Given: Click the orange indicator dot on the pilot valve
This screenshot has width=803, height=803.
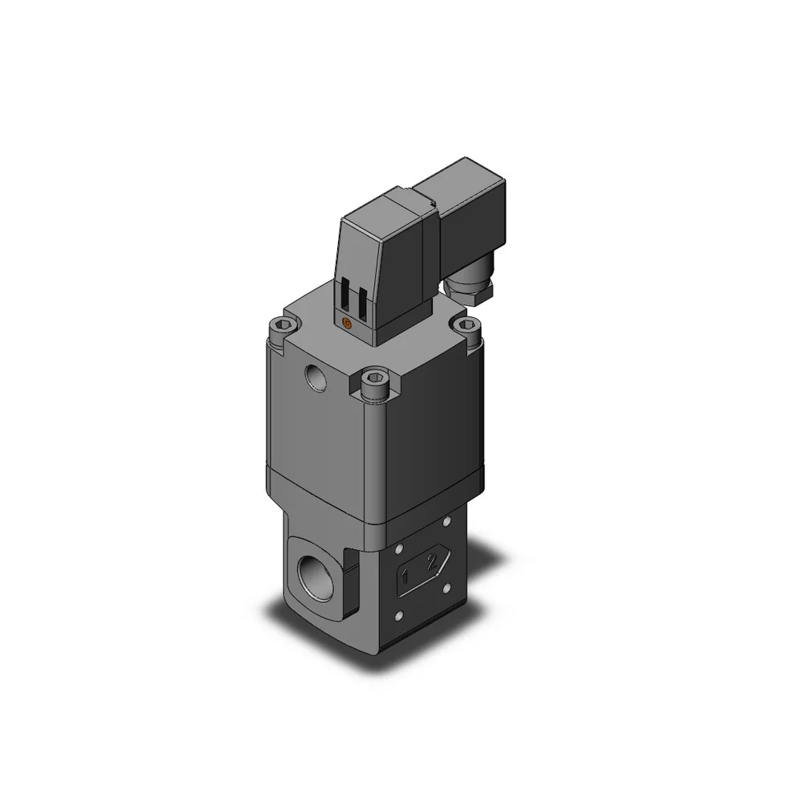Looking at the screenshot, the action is click(x=347, y=323).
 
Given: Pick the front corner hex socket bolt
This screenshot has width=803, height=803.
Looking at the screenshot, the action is click(x=375, y=380).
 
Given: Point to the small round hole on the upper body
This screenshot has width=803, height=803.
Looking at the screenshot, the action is click(x=316, y=377).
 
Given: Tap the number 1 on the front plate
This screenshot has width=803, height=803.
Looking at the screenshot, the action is click(x=405, y=577).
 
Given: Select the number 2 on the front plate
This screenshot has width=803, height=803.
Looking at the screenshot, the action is click(x=432, y=562).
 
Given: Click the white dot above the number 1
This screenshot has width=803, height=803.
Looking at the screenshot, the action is click(x=398, y=549).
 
